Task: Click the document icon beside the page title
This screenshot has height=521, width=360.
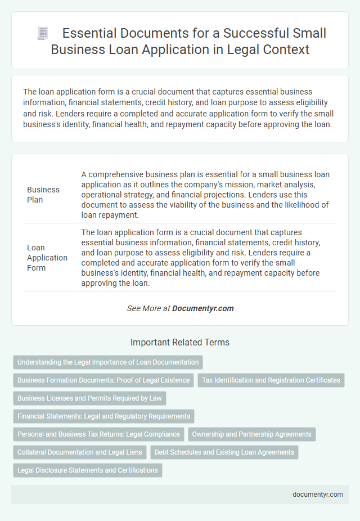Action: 43,34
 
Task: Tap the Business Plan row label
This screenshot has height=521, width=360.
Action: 43,195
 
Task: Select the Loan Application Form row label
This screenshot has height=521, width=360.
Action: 47,257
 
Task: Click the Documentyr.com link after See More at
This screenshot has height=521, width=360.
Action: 202,308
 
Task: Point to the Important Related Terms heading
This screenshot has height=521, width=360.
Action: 180,342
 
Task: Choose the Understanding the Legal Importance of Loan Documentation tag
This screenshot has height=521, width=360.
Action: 108,362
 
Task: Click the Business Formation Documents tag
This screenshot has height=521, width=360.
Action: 103,380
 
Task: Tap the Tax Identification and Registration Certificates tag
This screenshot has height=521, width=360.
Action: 271,380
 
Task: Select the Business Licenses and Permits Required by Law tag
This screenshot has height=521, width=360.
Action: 89,398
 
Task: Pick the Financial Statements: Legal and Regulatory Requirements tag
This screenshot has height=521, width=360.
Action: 104,416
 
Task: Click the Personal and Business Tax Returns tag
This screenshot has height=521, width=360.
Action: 99,434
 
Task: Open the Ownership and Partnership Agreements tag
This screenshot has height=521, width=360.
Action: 251,434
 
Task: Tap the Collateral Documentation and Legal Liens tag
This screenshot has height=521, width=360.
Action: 80,452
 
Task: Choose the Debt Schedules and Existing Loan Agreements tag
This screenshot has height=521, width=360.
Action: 224,452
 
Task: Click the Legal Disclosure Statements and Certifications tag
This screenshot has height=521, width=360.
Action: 88,470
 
